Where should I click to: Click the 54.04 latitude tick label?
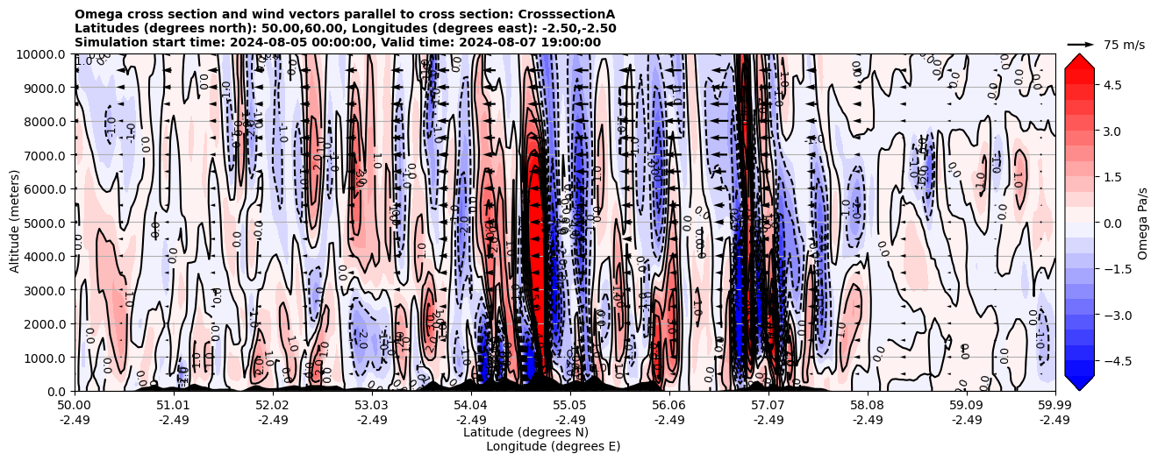tap(470, 406)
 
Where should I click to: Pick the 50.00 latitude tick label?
tap(75, 406)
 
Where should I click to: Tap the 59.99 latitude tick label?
tap(1054, 406)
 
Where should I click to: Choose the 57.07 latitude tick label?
tap(768, 406)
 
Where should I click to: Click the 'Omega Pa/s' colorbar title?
tap(1142, 223)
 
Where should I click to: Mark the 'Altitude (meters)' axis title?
tap(15, 223)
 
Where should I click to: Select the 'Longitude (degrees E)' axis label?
tap(553, 446)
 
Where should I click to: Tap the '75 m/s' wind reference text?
tap(1124, 45)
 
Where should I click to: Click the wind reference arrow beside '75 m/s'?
tap(1080, 44)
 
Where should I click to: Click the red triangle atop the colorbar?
tap(1079, 60)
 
